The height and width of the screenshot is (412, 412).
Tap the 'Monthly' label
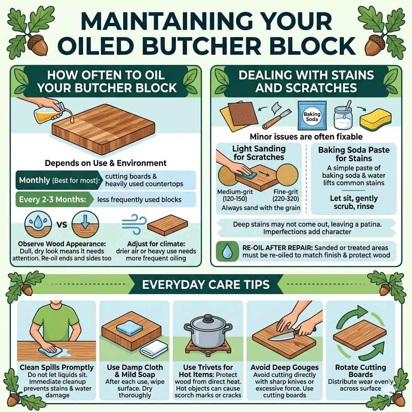tap(34, 180)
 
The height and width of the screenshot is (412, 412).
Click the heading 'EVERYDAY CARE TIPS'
tap(206, 285)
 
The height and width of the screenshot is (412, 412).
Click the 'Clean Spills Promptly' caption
tap(57, 367)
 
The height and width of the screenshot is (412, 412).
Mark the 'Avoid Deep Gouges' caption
tap(284, 367)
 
